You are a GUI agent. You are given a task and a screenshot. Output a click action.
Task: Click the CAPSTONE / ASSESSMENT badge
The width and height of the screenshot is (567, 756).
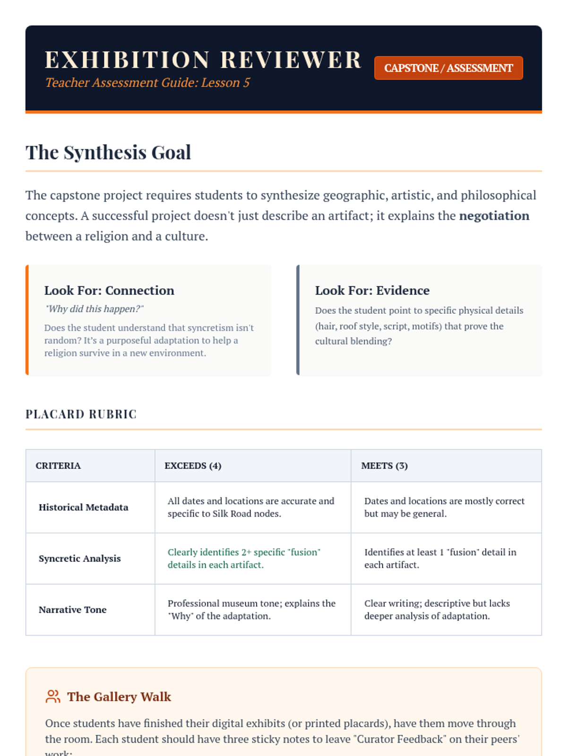(448, 68)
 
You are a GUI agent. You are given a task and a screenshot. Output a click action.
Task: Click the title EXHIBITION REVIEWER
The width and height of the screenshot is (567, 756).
(203, 60)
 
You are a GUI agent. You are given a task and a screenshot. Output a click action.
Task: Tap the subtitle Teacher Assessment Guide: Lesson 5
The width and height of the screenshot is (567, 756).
(147, 83)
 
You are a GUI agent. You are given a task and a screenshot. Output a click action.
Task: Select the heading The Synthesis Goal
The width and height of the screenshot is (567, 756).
(108, 153)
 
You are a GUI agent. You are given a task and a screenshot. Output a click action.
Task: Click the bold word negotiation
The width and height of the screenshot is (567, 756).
(494, 216)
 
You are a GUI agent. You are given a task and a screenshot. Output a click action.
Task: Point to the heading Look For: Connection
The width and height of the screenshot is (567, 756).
(109, 291)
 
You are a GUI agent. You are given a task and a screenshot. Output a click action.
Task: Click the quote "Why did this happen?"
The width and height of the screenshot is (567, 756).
(94, 309)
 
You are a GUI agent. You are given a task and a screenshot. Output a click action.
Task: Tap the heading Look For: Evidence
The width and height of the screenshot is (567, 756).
(372, 291)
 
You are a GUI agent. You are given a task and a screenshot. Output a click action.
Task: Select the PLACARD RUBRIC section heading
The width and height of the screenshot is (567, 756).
(81, 414)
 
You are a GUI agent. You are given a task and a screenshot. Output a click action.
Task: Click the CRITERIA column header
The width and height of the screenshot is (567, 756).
(58, 466)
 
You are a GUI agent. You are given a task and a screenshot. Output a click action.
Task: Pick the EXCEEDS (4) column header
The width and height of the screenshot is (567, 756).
(193, 466)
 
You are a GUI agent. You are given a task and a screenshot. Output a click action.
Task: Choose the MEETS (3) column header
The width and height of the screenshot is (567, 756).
(384, 466)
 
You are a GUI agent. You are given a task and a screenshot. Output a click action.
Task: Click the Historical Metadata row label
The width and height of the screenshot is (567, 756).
(84, 507)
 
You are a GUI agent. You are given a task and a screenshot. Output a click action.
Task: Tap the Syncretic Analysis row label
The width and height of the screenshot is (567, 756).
(80, 558)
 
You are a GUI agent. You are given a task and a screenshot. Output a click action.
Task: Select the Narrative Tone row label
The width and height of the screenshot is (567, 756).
(73, 610)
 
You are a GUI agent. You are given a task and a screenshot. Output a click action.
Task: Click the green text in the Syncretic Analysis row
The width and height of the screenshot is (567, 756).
(244, 558)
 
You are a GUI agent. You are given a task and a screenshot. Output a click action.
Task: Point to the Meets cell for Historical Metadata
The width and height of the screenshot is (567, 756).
(444, 507)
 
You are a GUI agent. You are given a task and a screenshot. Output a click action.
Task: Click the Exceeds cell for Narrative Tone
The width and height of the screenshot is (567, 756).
(251, 610)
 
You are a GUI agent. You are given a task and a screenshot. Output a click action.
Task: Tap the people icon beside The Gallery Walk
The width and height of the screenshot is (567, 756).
(53, 696)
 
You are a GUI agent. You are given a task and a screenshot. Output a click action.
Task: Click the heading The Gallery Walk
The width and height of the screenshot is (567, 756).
(119, 697)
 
